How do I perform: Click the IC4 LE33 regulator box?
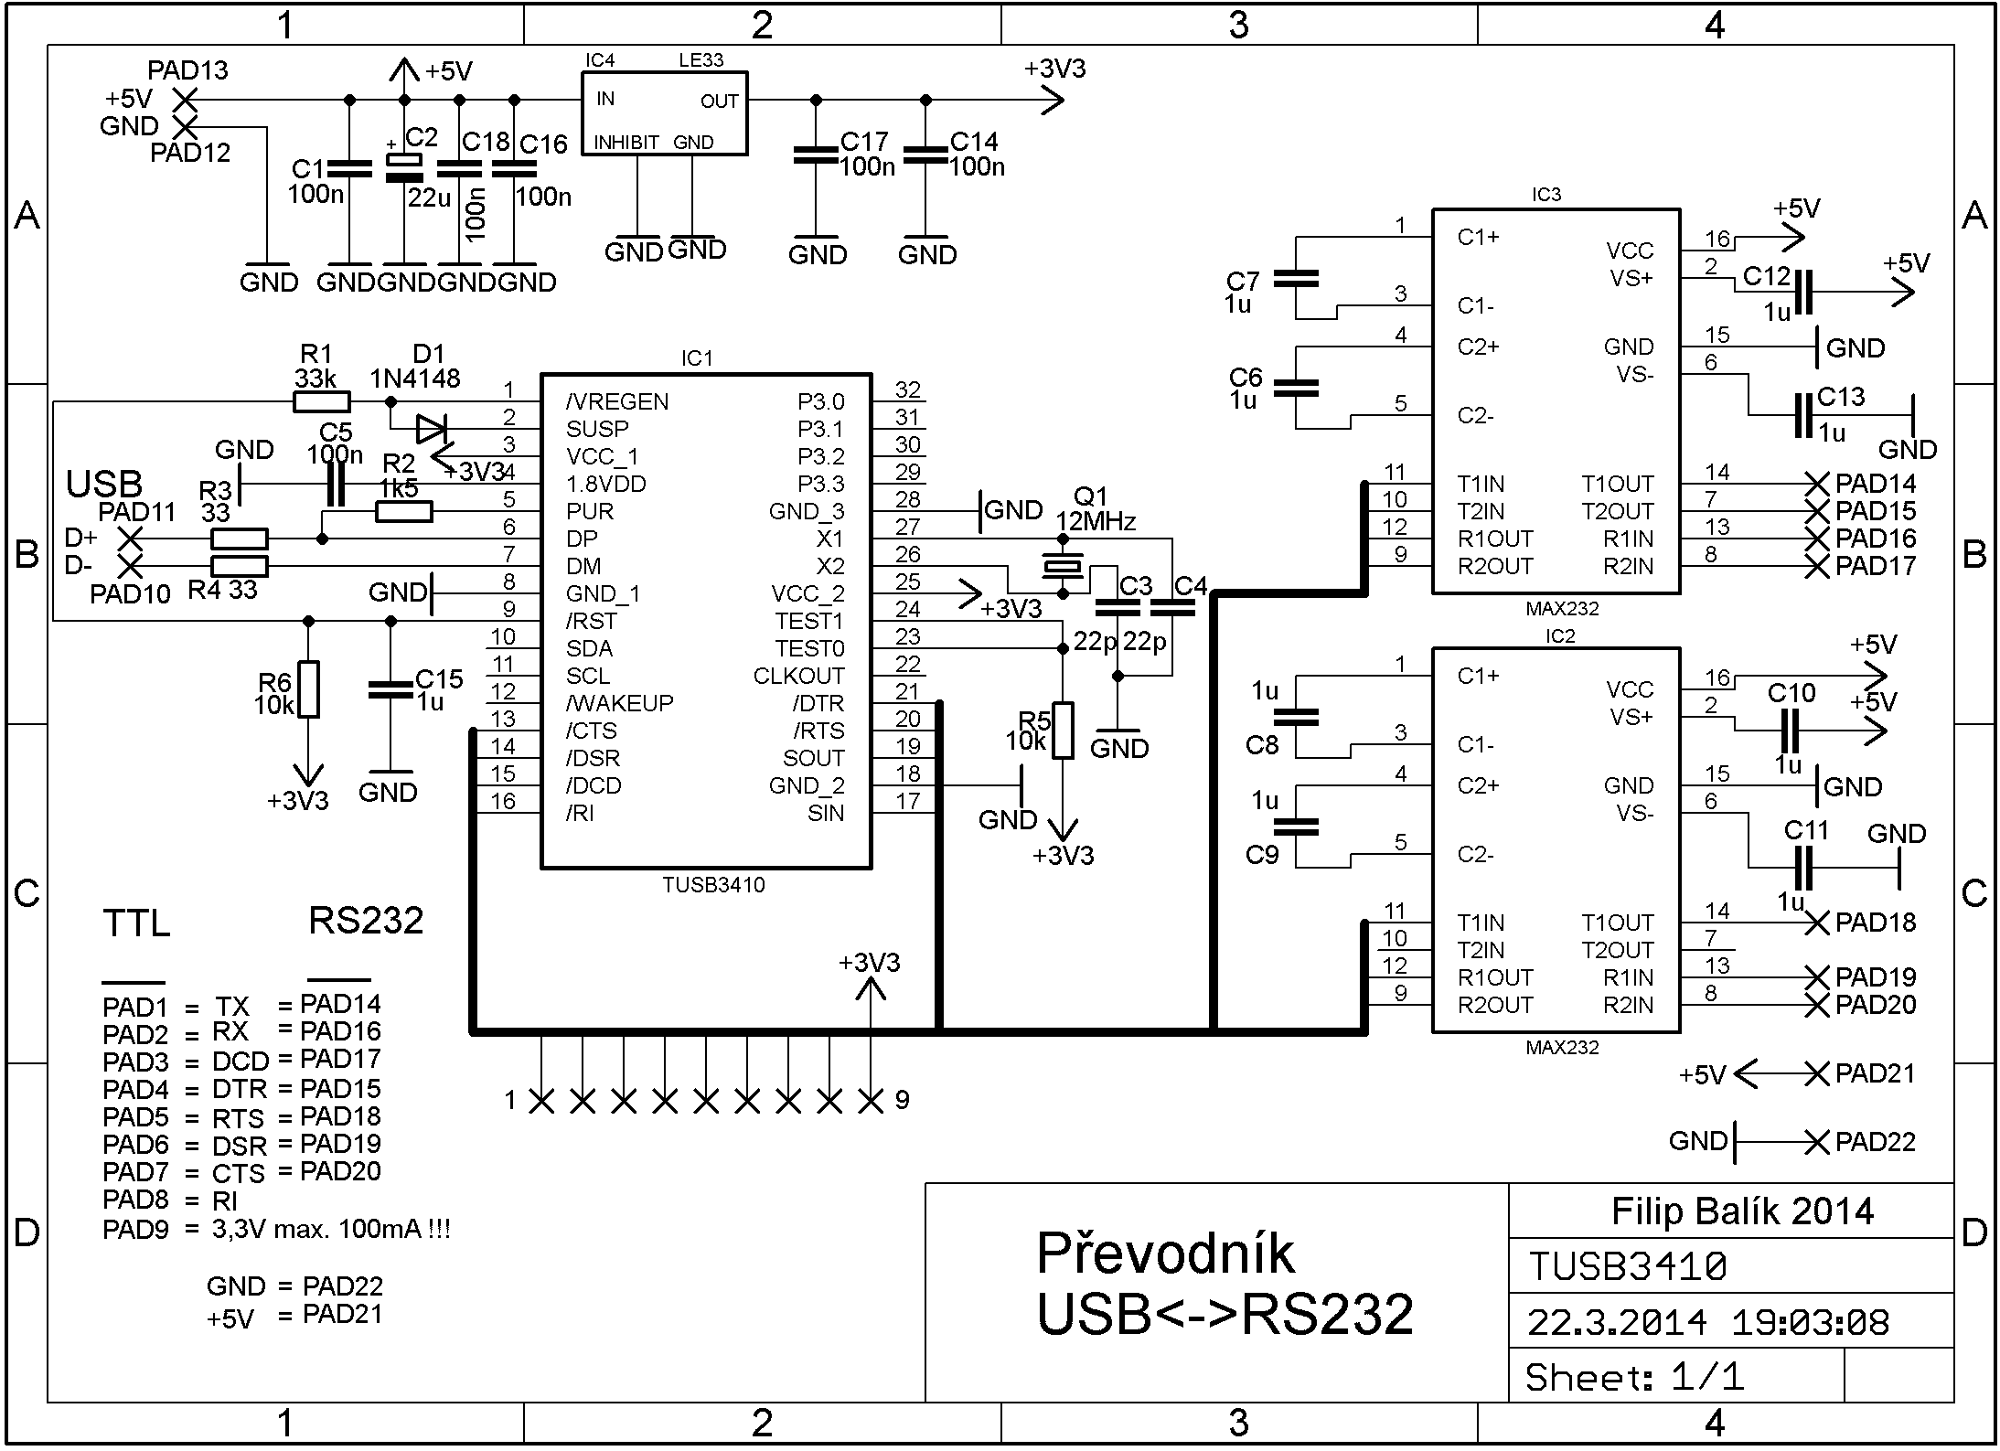[665, 113]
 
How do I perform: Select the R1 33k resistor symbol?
[321, 401]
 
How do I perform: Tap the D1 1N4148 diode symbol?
[430, 428]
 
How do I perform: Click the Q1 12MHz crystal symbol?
[1063, 567]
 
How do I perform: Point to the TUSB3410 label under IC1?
[713, 885]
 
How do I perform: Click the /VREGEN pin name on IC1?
[617, 401]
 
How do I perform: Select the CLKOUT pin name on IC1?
[798, 676]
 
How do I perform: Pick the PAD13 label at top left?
[187, 70]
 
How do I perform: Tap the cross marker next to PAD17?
[1816, 566]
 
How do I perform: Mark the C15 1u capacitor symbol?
[390, 690]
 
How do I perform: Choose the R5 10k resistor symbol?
[1063, 731]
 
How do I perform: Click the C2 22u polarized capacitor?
[402, 166]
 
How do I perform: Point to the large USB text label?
[104, 484]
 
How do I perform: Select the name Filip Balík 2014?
[1742, 1211]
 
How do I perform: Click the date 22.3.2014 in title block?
[1617, 1322]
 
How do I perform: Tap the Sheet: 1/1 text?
[1634, 1377]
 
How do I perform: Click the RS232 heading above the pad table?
[366, 921]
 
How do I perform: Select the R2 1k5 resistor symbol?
[403, 511]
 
